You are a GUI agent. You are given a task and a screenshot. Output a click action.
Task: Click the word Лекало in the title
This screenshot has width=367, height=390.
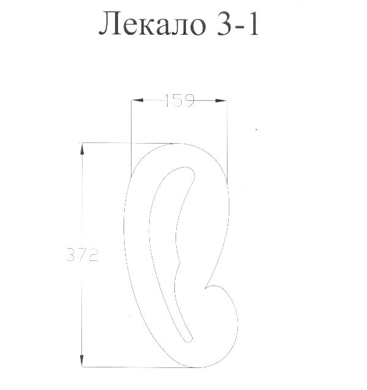[152, 24]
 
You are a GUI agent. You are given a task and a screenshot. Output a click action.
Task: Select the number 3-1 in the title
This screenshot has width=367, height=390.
[238, 24]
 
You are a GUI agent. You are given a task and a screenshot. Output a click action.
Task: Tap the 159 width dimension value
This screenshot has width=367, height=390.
[179, 100]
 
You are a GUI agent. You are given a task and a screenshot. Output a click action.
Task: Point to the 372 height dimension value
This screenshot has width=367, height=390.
[83, 254]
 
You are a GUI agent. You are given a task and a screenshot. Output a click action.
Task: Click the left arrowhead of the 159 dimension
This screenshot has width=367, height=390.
[138, 100]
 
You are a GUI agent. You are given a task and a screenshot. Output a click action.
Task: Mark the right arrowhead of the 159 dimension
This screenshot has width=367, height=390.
[221, 100]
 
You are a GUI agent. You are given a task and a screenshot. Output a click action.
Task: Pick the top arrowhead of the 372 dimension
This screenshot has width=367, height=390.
[82, 149]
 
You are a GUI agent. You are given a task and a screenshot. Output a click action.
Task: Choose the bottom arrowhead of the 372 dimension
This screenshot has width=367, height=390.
[81, 361]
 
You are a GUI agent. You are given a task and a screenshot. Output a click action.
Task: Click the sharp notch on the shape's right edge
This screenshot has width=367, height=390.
[206, 289]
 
